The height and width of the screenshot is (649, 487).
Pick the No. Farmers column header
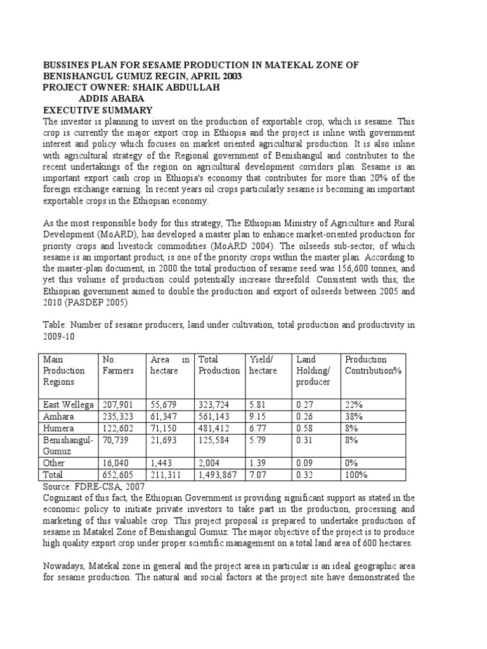click(118, 365)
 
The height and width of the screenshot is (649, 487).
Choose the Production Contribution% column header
click(373, 365)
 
